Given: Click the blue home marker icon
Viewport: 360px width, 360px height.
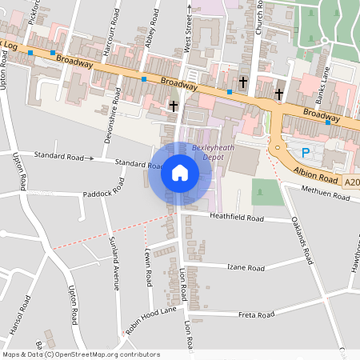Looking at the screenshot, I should (x=180, y=174).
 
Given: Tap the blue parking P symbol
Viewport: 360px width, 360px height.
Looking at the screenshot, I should (x=306, y=153).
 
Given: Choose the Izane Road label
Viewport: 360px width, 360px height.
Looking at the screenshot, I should (x=246, y=266).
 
